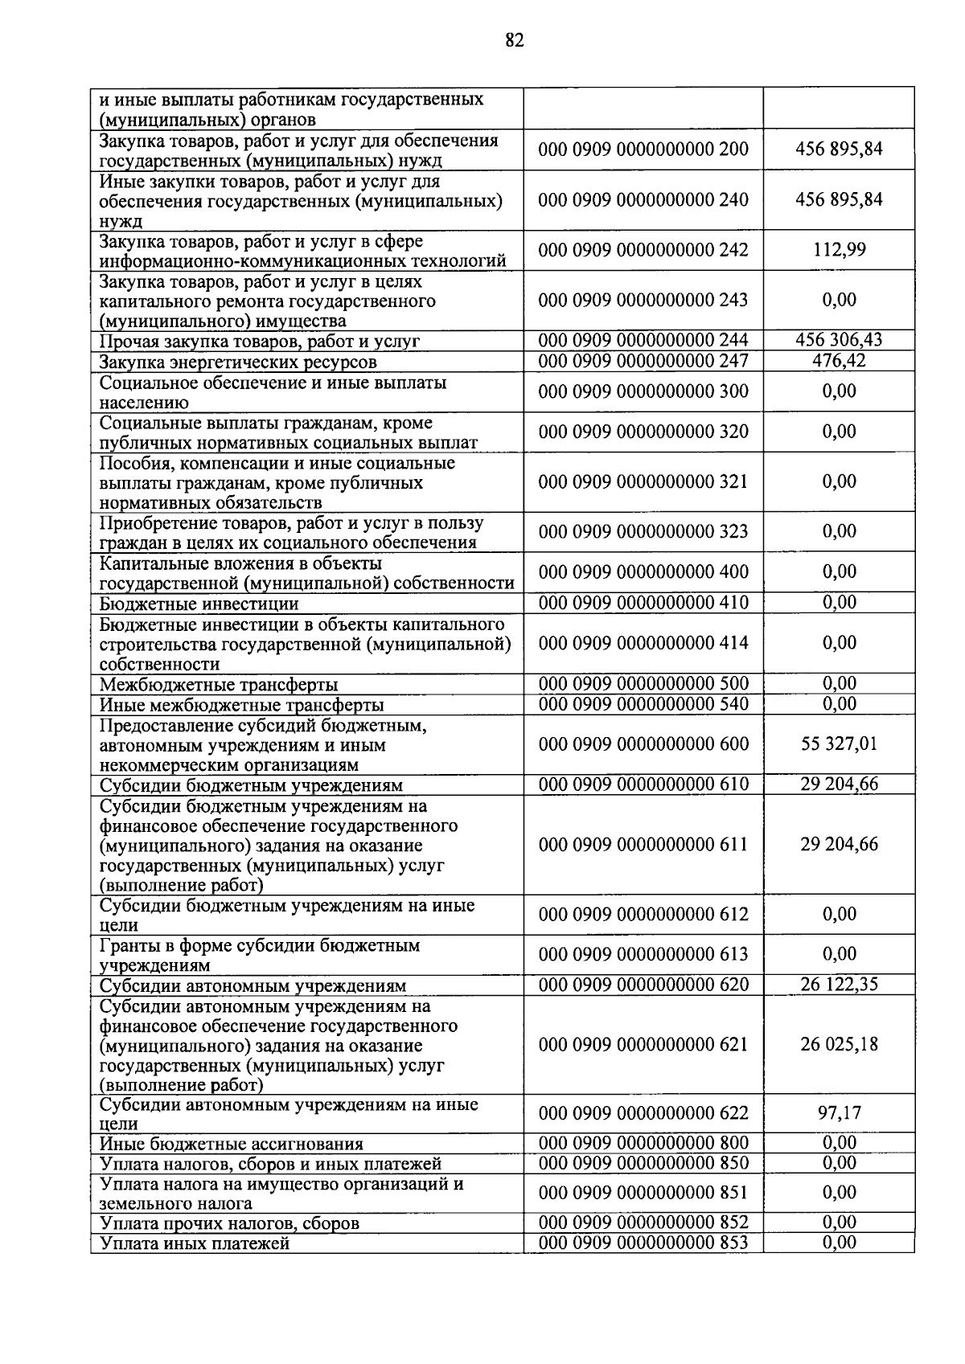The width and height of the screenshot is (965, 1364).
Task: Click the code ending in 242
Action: pyautogui.click(x=643, y=250)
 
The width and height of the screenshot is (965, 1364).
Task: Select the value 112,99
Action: pyautogui.click(x=839, y=250)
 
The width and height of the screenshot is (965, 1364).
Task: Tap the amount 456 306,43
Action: pyautogui.click(x=839, y=340)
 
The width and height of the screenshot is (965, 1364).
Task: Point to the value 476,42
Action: pyautogui.click(x=839, y=360)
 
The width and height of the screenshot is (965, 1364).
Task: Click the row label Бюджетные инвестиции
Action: pyautogui.click(x=199, y=604)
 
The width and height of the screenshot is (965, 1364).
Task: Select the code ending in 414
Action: pyautogui.click(x=643, y=643)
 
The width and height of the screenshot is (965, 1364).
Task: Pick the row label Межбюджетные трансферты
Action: pyautogui.click(x=218, y=685)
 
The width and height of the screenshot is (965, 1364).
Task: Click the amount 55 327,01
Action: pyautogui.click(x=839, y=743)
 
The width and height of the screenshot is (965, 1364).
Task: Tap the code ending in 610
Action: pyautogui.click(x=643, y=784)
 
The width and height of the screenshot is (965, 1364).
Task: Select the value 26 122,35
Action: pyautogui.click(x=839, y=985)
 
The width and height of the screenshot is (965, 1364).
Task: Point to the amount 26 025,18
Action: pyautogui.click(x=839, y=1045)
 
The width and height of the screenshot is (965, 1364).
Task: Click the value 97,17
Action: pyautogui.click(x=839, y=1113)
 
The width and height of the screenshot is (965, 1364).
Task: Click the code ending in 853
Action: pyautogui.click(x=643, y=1243)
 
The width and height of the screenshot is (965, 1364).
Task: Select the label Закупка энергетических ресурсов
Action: pyautogui.click(x=237, y=362)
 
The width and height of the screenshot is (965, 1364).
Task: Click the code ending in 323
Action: pyautogui.click(x=643, y=531)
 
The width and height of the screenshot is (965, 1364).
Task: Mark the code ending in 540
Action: pyautogui.click(x=643, y=704)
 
